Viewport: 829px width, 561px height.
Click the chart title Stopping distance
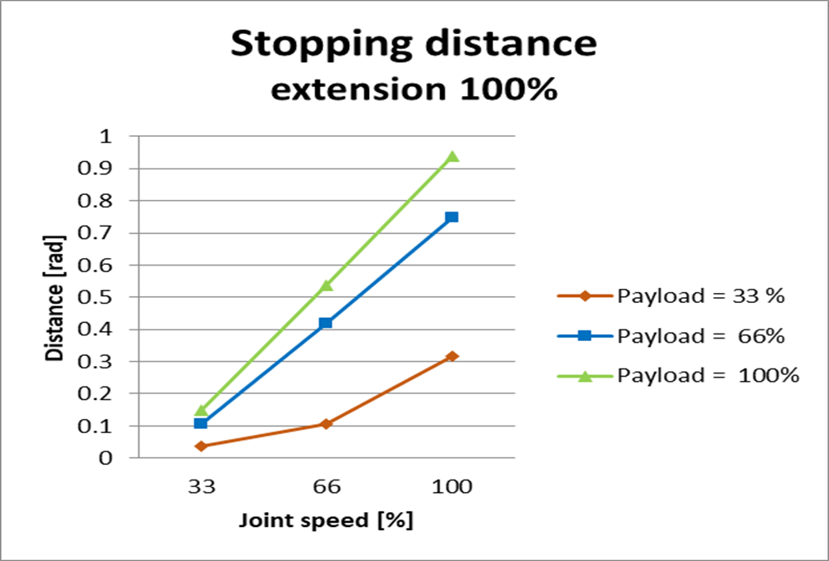coord(413,44)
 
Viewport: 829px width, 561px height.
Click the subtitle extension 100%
coord(414,89)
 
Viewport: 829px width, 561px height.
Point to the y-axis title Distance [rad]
coord(55,297)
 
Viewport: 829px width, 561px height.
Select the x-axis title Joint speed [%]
coord(326,521)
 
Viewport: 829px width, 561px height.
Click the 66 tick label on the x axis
coord(326,486)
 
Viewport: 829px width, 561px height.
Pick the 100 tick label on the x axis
coord(452,486)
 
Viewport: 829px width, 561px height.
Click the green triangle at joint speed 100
coord(452,156)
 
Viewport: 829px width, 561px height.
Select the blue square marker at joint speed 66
coord(326,323)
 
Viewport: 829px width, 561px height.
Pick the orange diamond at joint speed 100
coord(452,356)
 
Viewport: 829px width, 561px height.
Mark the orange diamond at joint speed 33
coord(201,446)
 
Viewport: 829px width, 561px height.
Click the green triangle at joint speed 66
coord(326,285)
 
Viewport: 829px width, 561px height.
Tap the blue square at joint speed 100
coord(452,217)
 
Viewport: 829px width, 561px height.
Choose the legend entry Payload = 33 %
coord(671,295)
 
